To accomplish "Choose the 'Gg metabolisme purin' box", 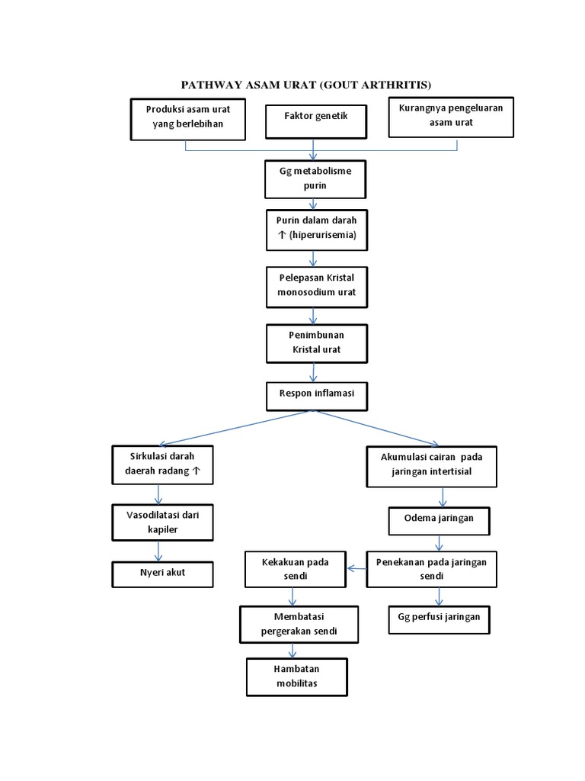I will click(315, 178).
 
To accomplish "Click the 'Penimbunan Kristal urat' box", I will click(315, 342).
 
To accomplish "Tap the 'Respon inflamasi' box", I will click(315, 396).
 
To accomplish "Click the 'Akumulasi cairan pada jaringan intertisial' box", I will click(432, 464).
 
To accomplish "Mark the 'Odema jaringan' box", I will click(440, 520).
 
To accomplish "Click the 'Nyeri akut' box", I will click(163, 574).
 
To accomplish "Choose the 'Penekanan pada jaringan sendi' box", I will click(431, 569).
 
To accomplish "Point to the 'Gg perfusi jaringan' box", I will click(440, 619).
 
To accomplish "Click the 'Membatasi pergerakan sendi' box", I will click(299, 624).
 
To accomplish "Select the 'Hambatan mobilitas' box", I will click(296, 676).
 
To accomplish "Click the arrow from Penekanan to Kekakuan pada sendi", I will click(357, 567).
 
